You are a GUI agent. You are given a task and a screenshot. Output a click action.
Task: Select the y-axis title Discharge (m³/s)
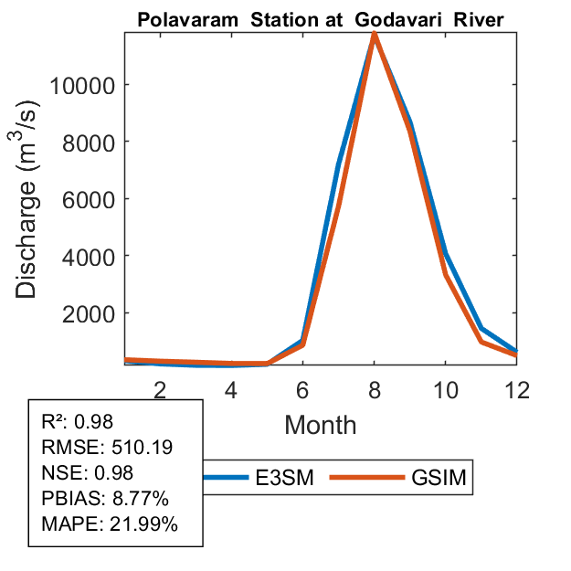[x=28, y=198]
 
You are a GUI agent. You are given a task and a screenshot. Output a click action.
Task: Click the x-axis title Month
[x=320, y=425]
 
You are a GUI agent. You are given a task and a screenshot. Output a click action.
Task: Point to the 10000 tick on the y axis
[x=79, y=85]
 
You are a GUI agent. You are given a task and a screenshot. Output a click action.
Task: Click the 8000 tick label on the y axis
[x=85, y=143]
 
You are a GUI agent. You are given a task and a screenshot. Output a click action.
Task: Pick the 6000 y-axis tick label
[x=85, y=199]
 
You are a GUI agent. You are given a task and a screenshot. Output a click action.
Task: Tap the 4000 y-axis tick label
[x=85, y=257]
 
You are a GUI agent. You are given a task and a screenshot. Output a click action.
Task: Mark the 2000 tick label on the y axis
[x=85, y=313]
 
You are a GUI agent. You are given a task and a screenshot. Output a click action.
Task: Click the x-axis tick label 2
[x=160, y=390]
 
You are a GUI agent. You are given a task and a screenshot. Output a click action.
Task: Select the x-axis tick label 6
[x=302, y=390]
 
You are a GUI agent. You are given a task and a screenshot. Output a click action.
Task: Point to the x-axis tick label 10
[x=445, y=390]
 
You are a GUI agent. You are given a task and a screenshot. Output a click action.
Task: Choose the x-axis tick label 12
[x=516, y=390]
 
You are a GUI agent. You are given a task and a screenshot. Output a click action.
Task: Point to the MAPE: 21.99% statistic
[x=110, y=524]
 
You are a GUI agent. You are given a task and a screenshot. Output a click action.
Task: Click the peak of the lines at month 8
[x=374, y=35]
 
